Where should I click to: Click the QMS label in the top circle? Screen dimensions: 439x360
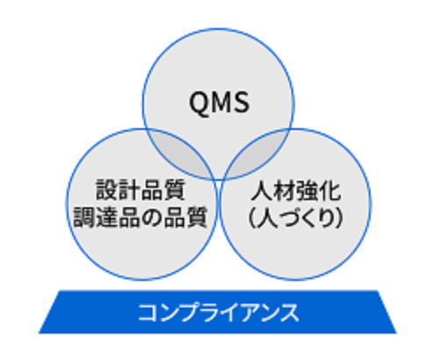[219, 103]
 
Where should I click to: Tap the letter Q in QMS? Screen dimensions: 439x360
[199, 103]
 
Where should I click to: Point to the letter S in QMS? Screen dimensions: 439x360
[241, 103]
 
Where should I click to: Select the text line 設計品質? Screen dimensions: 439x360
[140, 190]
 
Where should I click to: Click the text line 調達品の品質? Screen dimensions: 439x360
[140, 217]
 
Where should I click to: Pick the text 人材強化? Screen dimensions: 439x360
[296, 191]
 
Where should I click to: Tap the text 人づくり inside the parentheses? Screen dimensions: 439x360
[296, 218]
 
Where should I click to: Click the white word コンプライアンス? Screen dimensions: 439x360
[219, 313]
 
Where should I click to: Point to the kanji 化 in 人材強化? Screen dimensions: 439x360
[330, 191]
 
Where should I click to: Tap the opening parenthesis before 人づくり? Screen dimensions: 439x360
[252, 218]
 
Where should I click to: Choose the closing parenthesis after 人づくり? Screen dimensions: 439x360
[339, 218]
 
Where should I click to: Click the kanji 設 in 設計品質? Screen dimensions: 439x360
[107, 190]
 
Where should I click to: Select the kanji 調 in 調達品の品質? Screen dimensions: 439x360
[84, 217]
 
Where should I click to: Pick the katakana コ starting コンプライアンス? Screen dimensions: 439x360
[148, 313]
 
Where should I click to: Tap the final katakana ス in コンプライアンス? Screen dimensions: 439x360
[289, 313]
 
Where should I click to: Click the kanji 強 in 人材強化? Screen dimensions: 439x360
[307, 191]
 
